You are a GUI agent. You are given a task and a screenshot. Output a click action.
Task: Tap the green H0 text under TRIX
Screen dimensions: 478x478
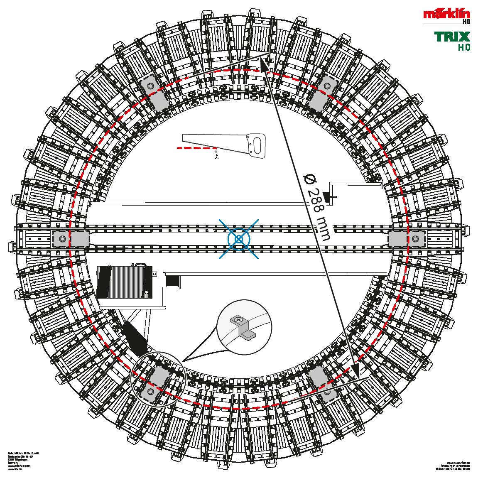[464, 47]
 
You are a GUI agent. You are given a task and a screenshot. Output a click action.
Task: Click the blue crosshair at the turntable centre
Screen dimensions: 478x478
[239, 239]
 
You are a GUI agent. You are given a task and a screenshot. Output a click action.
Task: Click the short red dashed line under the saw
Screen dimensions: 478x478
[197, 147]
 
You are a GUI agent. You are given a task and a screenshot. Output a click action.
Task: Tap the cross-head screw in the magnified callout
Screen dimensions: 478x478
[238, 320]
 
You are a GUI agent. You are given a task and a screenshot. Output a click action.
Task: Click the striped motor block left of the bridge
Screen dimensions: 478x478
[123, 282]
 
